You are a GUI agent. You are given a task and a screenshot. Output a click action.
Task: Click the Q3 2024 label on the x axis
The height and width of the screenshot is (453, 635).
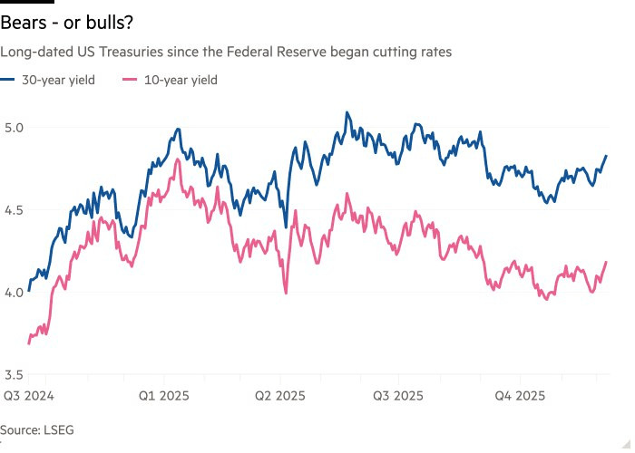coord(27,396)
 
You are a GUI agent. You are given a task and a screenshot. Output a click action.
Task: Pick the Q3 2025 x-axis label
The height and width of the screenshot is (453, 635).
coord(399,396)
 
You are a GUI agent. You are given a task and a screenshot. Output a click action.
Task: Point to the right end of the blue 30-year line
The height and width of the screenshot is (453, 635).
coord(606,156)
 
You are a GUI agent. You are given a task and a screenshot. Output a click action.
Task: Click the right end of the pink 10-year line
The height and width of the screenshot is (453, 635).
coord(606,262)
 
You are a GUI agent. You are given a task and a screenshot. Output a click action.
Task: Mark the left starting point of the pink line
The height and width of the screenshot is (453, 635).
coord(29,343)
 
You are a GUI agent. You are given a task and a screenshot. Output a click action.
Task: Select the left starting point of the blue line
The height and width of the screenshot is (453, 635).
coord(29,290)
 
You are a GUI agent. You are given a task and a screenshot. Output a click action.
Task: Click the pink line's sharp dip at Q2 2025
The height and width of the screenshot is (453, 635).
coord(286,293)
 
